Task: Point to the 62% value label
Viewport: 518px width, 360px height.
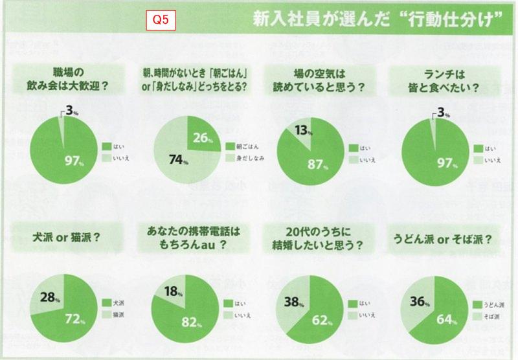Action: point(322,319)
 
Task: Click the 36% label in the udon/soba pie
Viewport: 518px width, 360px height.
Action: point(419,300)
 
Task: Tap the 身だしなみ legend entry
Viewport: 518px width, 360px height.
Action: point(245,159)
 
